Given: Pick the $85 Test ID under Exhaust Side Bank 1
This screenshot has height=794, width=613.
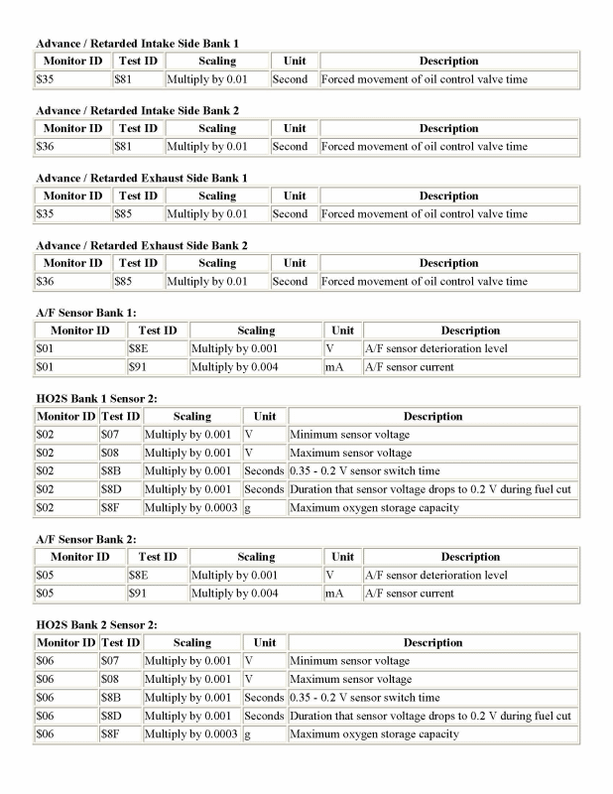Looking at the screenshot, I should [125, 214].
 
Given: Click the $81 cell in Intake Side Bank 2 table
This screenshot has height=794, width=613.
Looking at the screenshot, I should [125, 147].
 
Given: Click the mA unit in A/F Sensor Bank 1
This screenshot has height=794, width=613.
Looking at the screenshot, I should [333, 367].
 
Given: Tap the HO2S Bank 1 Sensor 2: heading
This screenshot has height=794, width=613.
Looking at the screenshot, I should [96, 399].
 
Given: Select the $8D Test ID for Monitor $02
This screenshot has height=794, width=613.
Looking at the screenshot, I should [109, 489].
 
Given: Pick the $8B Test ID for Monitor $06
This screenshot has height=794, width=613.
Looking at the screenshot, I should [109, 698].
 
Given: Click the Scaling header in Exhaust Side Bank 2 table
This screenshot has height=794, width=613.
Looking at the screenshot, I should [216, 263].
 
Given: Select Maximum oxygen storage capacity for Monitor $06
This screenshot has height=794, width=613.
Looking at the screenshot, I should [374, 734].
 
